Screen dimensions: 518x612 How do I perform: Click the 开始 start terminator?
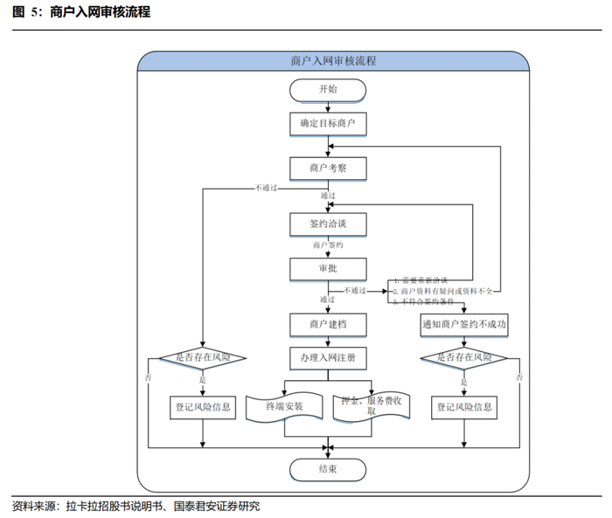pos(327,89)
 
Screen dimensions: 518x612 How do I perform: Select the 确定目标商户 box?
pos(327,124)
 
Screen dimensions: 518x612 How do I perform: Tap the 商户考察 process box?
pos(327,167)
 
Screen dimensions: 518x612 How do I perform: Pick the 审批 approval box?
pos(327,267)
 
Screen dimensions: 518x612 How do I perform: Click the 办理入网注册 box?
pos(327,358)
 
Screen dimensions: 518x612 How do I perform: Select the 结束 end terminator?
pos(327,470)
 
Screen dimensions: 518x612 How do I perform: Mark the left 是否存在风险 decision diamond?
pos(203,358)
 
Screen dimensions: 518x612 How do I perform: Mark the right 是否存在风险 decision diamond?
pos(463,358)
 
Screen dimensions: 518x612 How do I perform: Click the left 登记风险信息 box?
pos(203,406)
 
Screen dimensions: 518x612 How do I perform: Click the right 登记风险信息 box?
pos(463,406)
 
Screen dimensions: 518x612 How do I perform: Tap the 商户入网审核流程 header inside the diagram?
pos(332,61)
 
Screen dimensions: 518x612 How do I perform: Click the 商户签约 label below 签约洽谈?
pos(327,246)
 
